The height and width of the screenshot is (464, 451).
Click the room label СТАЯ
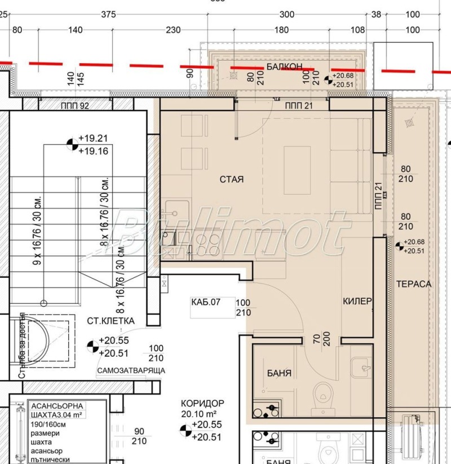tap(231, 179)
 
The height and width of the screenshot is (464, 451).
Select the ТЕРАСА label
tap(413, 284)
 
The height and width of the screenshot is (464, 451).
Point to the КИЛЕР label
tap(357, 302)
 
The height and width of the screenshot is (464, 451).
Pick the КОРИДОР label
tap(202, 404)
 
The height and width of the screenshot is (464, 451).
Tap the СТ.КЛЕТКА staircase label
tap(110, 321)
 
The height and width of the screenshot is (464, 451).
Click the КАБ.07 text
tap(205, 302)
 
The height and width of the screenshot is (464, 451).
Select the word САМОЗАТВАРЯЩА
tap(131, 370)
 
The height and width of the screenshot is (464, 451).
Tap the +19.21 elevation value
tap(93, 138)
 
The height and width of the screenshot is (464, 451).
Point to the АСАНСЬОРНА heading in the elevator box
tap(57, 406)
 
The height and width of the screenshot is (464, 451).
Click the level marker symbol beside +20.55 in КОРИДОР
tap(184, 430)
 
